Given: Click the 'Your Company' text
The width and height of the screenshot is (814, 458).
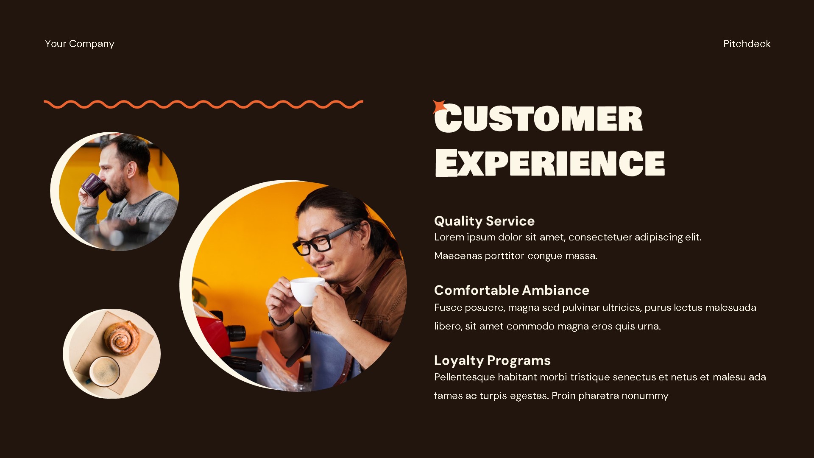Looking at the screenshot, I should [x=79, y=44].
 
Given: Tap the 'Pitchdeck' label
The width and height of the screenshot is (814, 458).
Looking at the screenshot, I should [x=747, y=44].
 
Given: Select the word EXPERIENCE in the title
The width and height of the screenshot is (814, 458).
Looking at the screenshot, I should [x=550, y=163].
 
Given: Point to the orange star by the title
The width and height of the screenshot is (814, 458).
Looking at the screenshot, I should [x=438, y=106].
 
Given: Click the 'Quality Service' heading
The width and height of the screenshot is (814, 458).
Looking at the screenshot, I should [x=484, y=221].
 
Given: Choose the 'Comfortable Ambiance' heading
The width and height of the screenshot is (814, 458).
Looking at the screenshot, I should [x=511, y=290].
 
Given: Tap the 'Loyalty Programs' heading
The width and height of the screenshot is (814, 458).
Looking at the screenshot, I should [x=492, y=360].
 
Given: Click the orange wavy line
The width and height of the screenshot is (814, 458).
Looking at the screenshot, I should [x=203, y=104].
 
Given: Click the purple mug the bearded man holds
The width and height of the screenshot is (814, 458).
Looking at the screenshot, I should [x=93, y=185].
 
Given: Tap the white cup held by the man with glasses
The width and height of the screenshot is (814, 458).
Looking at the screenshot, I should [x=307, y=291].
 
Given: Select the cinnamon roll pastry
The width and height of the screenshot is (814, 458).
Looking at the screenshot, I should [x=122, y=337].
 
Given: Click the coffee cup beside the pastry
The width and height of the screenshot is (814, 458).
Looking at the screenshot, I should [x=104, y=371].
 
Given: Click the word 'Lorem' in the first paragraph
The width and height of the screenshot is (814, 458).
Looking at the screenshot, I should [x=449, y=237].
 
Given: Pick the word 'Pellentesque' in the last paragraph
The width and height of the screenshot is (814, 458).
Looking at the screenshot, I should [x=464, y=377].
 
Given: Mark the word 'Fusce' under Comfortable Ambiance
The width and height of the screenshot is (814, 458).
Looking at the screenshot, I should [x=448, y=307].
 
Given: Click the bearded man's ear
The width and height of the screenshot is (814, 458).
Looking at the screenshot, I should [x=132, y=170].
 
